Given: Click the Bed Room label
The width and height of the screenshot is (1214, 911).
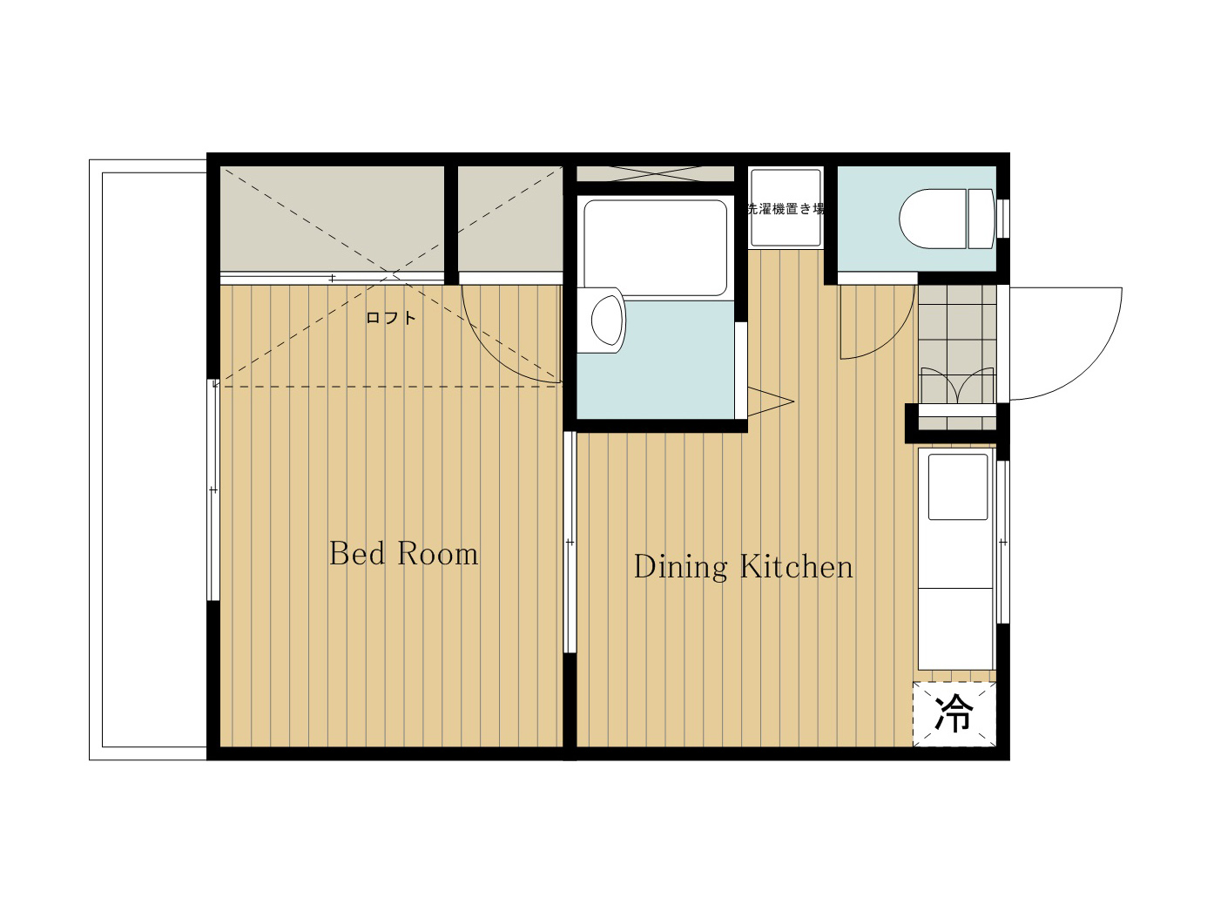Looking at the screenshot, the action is click(404, 553).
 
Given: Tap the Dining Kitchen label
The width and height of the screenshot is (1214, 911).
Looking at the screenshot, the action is click(743, 567).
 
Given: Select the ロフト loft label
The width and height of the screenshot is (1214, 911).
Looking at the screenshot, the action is click(390, 318).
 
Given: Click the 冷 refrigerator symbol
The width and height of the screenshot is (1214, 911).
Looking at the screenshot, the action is click(954, 713).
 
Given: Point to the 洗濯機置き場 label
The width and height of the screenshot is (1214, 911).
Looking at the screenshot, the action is click(786, 209).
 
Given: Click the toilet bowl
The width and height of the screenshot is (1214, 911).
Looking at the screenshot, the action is click(933, 219).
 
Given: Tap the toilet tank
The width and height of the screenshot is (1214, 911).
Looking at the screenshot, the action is click(981, 219).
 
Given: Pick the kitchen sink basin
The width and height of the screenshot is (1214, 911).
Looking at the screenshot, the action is click(958, 487).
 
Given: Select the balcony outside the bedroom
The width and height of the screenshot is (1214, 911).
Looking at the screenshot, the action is click(148, 460).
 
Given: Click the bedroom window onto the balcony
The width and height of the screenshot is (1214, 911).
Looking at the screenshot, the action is click(213, 489).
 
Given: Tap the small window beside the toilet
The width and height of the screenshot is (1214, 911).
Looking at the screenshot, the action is click(1003, 218).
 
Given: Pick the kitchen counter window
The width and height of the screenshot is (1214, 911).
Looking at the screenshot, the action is click(1003, 542).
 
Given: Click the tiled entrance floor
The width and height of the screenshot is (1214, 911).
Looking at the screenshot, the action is click(957, 357).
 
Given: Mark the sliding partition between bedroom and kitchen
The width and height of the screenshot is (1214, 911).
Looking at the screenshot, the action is click(570, 542).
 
